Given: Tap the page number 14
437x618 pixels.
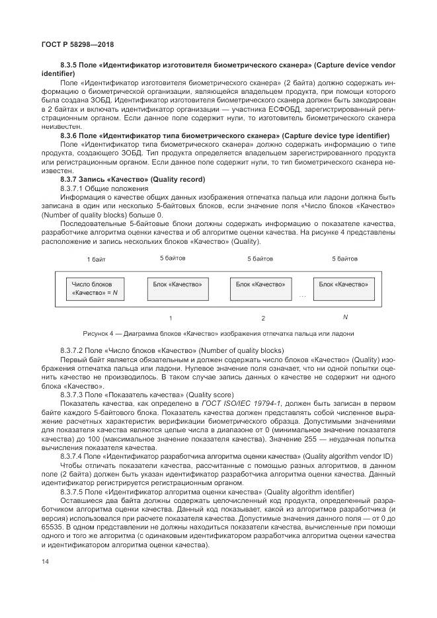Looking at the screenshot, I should [x=45, y=560].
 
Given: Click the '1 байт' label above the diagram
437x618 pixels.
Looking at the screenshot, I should [x=97, y=259].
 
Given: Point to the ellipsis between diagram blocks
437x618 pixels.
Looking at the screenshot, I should [x=302, y=295].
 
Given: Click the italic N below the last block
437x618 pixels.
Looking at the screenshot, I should [x=344, y=317].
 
